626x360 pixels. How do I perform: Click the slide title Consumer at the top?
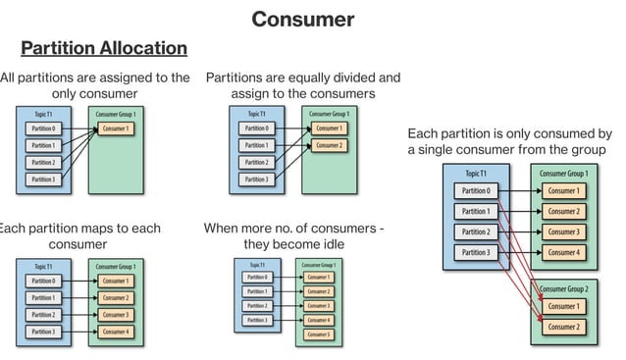[302, 19]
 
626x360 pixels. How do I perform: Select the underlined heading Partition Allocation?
[104, 48]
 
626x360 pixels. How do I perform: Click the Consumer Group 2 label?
[564, 289]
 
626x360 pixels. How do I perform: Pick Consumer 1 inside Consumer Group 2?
[563, 307]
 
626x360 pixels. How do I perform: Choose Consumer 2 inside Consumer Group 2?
[563, 327]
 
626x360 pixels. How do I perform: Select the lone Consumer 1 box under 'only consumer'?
[116, 129]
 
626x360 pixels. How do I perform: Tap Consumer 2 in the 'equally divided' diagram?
[329, 146]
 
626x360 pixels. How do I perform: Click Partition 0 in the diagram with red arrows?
[476, 191]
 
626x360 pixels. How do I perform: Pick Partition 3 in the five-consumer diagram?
[257, 320]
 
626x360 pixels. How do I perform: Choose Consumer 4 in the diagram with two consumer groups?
[563, 252]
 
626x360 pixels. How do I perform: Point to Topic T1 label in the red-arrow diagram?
[476, 174]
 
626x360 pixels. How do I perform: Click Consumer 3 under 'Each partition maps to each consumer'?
[116, 315]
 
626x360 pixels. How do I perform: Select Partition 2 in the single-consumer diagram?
[43, 163]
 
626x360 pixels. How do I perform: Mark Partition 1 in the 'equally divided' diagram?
[256, 146]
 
